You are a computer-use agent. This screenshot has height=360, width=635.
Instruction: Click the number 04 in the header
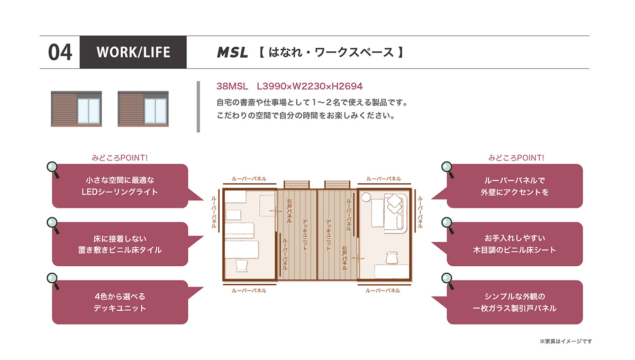[60, 52]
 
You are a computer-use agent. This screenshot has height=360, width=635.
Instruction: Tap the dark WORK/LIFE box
[133, 52]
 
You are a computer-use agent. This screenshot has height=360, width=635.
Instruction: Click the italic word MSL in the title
[232, 52]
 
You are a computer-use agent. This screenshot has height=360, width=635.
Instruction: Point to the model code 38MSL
[232, 86]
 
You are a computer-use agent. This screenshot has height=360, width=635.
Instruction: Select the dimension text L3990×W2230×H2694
[310, 86]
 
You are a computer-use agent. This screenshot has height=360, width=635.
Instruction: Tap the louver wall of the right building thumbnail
[131, 109]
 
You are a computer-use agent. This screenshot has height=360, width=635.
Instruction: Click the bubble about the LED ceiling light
[120, 186]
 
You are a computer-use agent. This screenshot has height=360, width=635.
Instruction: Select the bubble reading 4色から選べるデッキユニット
[120, 302]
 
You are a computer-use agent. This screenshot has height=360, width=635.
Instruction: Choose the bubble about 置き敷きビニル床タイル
[120, 244]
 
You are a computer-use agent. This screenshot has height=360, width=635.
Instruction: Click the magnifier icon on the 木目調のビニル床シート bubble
[448, 224]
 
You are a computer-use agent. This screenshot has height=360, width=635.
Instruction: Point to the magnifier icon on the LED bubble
[53, 169]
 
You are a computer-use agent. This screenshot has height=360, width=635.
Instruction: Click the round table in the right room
[366, 197]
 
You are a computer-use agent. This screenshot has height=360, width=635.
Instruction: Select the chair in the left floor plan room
[241, 266]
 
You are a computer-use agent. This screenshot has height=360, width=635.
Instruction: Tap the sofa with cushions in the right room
[395, 213]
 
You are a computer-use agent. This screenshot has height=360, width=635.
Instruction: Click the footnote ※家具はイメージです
[566, 341]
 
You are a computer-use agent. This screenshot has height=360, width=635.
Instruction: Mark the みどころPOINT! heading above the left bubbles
[120, 158]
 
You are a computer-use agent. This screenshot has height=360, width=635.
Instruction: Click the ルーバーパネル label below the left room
[249, 291]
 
